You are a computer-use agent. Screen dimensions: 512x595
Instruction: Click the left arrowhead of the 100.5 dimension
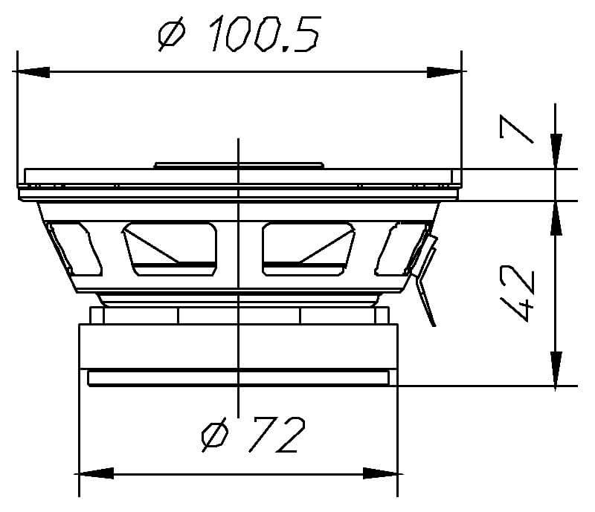pos(33,72)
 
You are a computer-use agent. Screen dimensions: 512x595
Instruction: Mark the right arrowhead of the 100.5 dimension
pos(446,72)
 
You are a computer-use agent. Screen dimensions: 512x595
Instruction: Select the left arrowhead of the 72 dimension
pos(96,473)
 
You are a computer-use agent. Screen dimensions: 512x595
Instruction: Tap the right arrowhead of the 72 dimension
pos(381,473)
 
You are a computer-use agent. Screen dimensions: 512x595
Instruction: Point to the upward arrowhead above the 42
pos(555,218)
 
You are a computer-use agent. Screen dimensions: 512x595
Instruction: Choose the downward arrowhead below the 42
pos(555,369)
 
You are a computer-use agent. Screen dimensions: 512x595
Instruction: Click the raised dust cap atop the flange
pos(238,165)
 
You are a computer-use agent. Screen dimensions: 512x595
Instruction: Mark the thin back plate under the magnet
pos(238,378)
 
